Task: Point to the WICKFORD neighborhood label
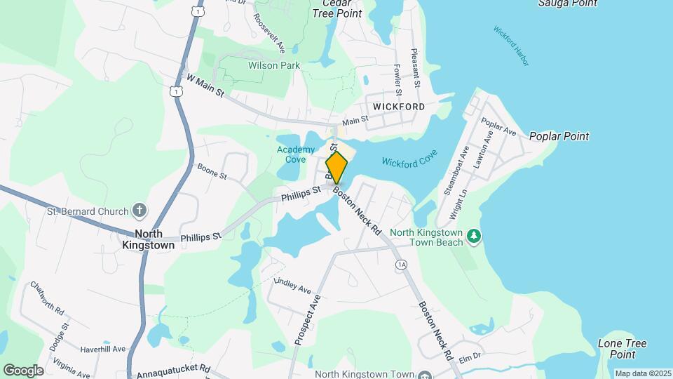[399, 107]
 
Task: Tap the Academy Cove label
[292, 154]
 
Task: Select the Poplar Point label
[559, 136]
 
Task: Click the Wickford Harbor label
[511, 46]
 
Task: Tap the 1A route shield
[401, 264]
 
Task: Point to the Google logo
[23, 371]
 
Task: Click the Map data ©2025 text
[644, 373]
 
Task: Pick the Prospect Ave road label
[307, 319]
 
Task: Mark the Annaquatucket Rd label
[173, 368]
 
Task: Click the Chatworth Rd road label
[47, 298]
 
